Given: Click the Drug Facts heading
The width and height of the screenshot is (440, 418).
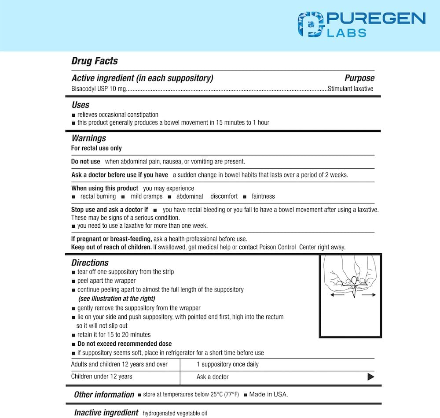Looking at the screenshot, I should click(95, 61).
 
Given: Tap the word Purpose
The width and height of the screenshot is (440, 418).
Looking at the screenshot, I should click(359, 78).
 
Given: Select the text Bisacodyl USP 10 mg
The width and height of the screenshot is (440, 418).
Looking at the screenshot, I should click(99, 89).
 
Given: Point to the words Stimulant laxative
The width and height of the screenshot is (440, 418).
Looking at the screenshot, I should click(350, 89).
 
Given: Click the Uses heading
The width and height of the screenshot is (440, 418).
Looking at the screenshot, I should click(81, 105).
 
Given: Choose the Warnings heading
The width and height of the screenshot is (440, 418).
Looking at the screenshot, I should click(89, 138).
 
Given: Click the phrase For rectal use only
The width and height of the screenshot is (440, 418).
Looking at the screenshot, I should click(96, 148).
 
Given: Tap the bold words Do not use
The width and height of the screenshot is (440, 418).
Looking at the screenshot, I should click(86, 162).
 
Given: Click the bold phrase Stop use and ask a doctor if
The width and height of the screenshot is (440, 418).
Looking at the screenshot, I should click(110, 210).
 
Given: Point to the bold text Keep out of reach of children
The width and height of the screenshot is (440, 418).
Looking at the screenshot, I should click(111, 247).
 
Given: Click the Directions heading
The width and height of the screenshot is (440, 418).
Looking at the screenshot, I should click(90, 263).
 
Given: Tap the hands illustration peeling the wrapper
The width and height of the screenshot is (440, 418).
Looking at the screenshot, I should click(351, 277).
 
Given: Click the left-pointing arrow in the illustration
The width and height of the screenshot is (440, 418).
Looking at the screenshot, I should click(337, 295).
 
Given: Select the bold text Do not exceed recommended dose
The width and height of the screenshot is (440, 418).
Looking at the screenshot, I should click(125, 344).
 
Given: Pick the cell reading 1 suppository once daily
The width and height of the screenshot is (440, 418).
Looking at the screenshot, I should click(227, 364).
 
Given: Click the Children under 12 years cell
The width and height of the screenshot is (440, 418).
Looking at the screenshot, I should click(102, 377).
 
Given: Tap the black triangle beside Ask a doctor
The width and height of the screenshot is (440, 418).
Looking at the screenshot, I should click(370, 377).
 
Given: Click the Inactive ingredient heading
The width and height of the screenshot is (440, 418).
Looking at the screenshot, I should click(106, 413).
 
